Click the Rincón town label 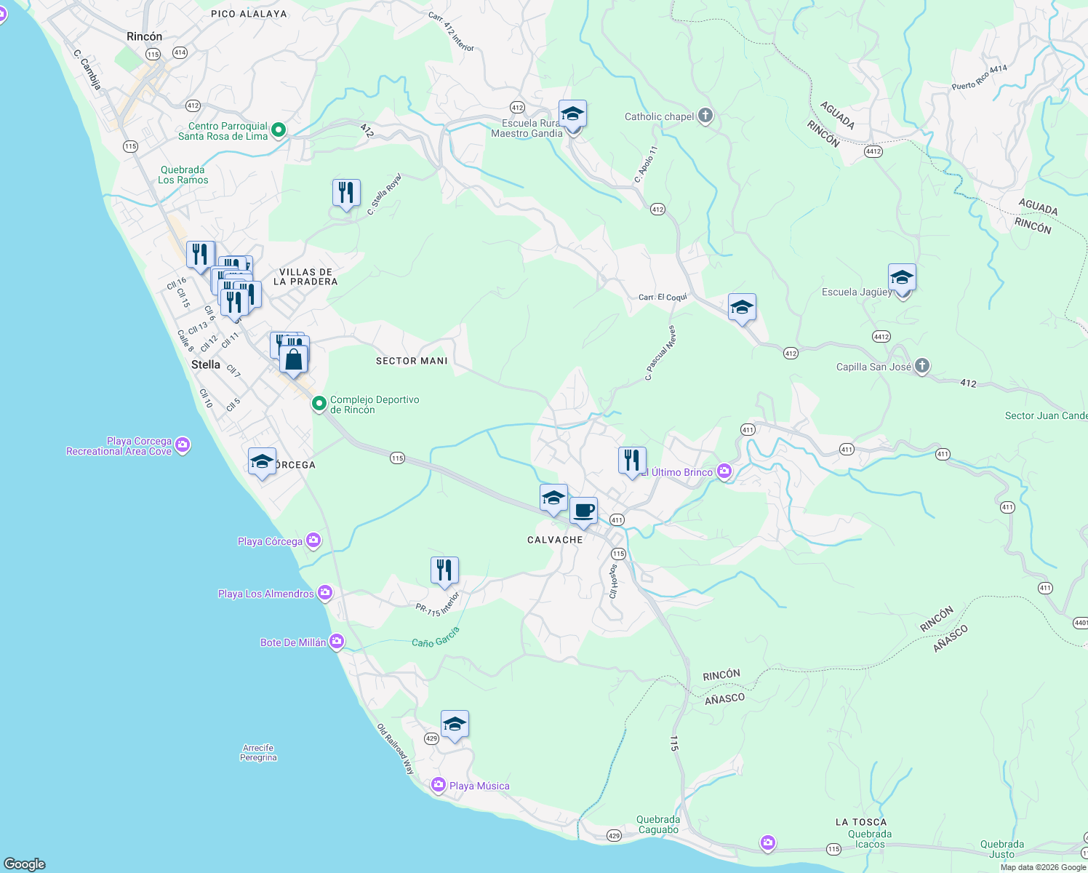144,36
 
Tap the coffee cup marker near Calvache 583,511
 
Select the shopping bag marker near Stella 293,359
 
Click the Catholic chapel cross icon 705,116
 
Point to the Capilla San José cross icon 922,366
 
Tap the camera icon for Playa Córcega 313,540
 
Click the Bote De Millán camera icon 336,642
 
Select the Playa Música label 479,786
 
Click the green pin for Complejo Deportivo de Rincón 319,403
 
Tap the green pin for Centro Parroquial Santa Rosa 278,131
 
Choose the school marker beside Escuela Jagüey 902,278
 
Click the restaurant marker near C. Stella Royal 346,193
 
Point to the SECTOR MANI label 412,361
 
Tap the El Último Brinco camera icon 724,472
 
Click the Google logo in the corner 25,864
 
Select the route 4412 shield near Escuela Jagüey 881,337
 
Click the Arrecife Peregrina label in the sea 258,752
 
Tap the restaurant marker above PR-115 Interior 444,570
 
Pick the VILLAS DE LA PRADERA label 305,276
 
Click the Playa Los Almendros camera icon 325,593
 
